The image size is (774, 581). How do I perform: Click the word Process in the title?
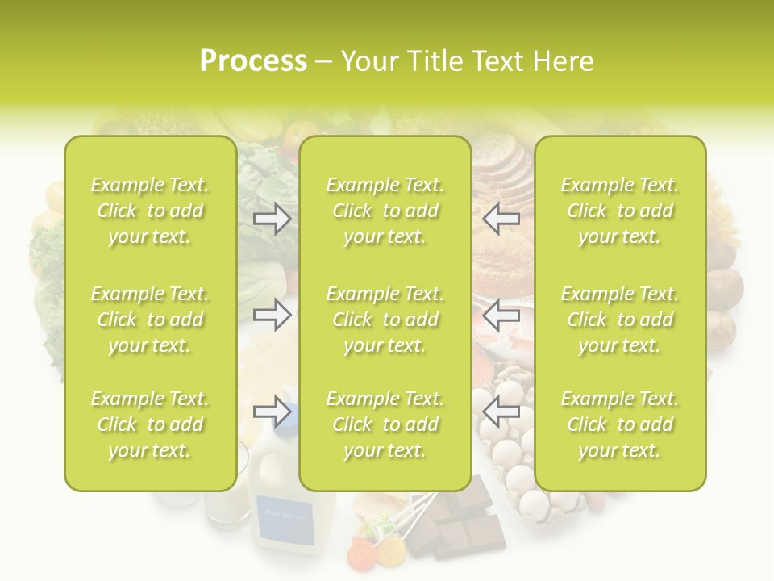(x=253, y=61)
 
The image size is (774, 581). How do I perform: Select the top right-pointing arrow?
(x=273, y=218)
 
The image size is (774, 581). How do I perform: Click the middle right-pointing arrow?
(x=273, y=316)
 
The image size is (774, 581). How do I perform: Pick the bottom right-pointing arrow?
(x=273, y=412)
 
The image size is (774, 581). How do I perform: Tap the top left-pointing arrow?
(x=501, y=218)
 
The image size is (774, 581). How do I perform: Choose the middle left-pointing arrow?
(x=501, y=316)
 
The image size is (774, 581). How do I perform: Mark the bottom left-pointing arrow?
(x=501, y=412)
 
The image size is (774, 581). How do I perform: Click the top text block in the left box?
(x=150, y=211)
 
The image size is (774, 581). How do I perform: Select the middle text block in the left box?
(x=150, y=320)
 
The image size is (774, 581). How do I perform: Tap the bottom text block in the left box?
(x=150, y=424)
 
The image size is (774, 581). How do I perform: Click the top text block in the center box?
(x=385, y=211)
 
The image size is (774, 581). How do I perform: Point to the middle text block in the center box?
(x=385, y=320)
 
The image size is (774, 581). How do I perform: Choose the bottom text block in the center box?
(x=385, y=424)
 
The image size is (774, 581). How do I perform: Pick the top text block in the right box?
(x=620, y=211)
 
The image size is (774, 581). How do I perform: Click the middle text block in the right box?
(x=620, y=320)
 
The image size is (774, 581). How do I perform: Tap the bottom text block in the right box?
(x=620, y=424)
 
